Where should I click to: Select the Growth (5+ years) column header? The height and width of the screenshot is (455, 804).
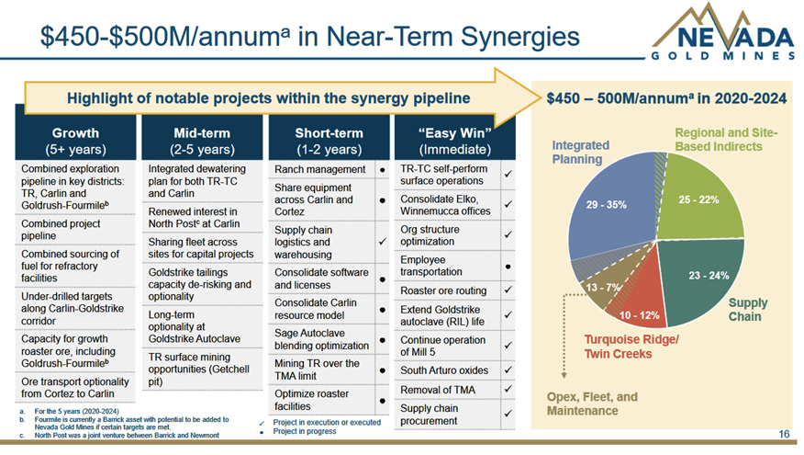point(75,140)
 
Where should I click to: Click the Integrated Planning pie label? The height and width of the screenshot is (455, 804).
point(581,152)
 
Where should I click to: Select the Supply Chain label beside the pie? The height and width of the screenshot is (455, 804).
point(748,309)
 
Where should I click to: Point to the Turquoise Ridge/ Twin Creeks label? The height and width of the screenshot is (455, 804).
point(631,347)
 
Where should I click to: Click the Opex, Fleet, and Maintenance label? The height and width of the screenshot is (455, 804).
point(591,403)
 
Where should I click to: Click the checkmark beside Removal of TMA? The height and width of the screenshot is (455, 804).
point(507,390)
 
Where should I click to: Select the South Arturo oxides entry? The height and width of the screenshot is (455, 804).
point(444,370)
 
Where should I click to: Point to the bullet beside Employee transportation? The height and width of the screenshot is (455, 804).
point(507,266)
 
